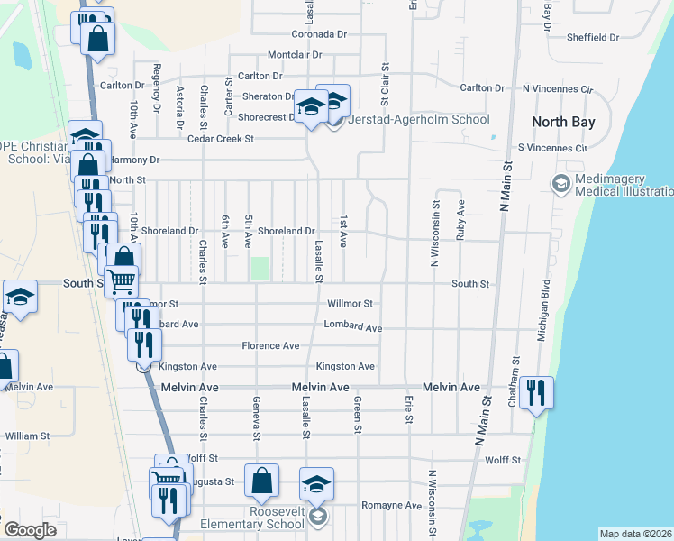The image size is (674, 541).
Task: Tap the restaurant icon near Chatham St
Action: click(536, 392)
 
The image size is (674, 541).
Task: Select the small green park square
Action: click(260, 269)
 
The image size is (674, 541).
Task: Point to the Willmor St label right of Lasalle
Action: click(350, 304)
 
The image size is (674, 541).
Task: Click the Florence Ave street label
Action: click(270, 345)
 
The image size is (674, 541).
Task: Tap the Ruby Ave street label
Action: click(460, 219)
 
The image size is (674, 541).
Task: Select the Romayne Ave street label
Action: click(391, 506)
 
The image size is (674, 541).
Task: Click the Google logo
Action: click(30, 530)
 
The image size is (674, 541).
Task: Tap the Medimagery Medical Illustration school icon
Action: click(560, 184)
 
